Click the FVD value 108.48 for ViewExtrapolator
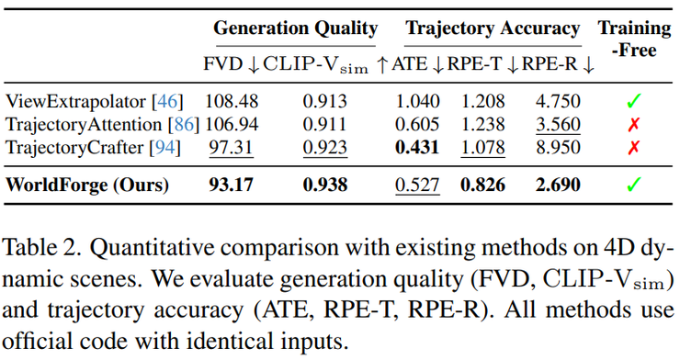point(232,101)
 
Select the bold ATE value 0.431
point(417,147)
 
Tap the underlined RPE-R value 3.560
point(558,124)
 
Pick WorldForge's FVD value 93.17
point(232,185)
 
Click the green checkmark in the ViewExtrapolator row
point(634,101)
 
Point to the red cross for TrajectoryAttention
point(634,125)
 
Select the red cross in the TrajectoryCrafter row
point(634,148)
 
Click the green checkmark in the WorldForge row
point(634,185)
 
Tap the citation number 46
point(167,101)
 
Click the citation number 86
point(184,125)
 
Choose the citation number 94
point(164,148)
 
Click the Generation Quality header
point(296,28)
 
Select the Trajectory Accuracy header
point(493,28)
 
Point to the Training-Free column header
point(634,39)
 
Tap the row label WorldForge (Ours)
point(87,185)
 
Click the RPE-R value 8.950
point(558,147)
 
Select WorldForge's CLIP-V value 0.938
point(325,185)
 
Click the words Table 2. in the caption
point(41,248)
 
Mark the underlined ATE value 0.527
point(417,185)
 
